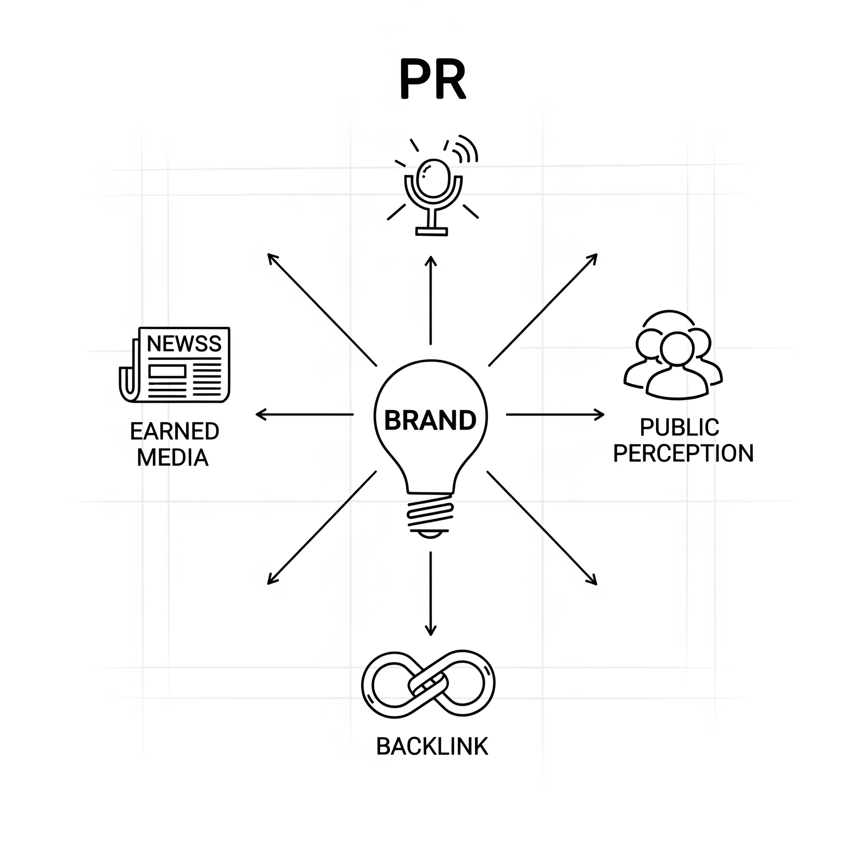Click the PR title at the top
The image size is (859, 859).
[x=432, y=79]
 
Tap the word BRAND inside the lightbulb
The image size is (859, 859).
[x=430, y=421]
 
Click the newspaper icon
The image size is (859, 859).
[x=175, y=365]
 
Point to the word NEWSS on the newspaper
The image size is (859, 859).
[x=184, y=344]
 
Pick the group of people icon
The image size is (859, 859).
[x=673, y=356]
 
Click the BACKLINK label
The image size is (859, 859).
[x=432, y=747]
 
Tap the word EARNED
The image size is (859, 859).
[x=175, y=431]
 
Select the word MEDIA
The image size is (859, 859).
[x=172, y=458]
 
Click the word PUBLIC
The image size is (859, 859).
[x=679, y=428]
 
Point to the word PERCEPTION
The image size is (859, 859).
[x=683, y=453]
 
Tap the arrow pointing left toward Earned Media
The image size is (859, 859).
[x=305, y=415]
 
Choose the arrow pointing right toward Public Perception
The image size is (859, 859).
[x=555, y=415]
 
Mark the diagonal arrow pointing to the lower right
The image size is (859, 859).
[x=542, y=528]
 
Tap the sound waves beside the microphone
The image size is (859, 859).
[x=465, y=149]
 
